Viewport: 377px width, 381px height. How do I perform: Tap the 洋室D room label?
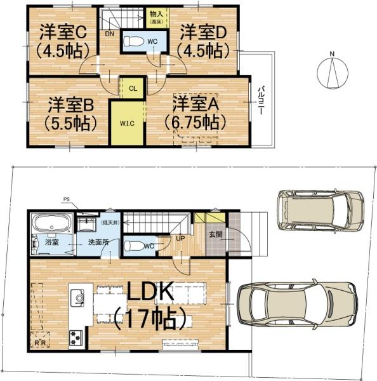pos(202,31)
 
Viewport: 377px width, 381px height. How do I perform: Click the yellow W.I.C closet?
pos(124,123)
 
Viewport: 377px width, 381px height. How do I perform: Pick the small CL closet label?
pos(133,89)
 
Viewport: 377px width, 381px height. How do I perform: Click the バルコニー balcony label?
pos(261,102)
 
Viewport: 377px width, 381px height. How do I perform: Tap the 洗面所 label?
pos(89,243)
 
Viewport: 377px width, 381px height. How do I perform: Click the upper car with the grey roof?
pos(319,209)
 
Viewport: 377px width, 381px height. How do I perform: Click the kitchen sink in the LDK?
pos(77,295)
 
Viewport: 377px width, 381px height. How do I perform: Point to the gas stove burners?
pos(76,335)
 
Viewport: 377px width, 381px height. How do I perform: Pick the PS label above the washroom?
pos(66,199)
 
